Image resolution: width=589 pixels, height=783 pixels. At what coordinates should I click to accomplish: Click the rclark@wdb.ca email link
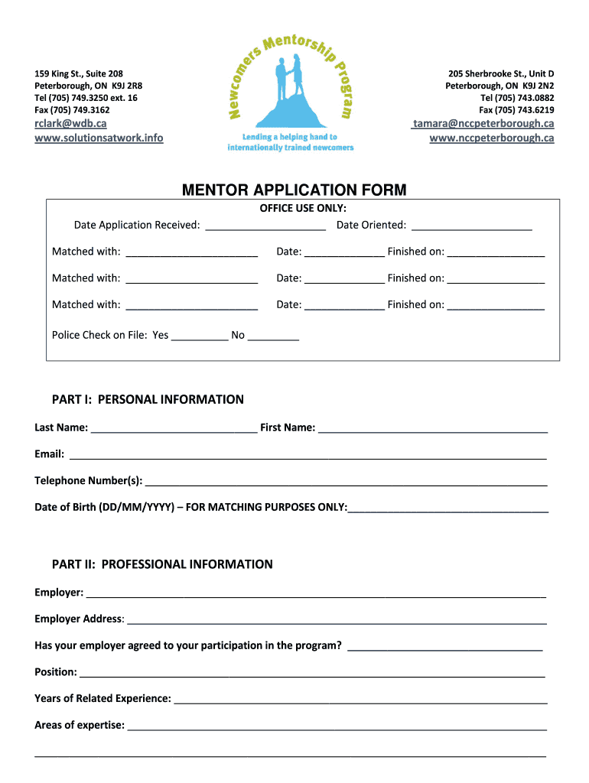click(70, 124)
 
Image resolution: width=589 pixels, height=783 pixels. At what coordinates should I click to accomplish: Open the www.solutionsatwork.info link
click(99, 138)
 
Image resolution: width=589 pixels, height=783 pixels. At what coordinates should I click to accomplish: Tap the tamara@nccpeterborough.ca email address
click(483, 124)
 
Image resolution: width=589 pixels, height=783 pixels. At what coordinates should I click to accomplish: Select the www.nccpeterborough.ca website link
click(491, 138)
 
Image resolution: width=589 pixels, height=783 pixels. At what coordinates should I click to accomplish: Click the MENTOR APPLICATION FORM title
click(294, 190)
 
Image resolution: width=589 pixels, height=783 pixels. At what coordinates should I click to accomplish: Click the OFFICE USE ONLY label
click(303, 208)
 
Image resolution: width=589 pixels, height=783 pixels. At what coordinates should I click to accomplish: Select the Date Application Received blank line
click(265, 226)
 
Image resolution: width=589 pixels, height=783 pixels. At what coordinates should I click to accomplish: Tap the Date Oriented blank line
click(471, 226)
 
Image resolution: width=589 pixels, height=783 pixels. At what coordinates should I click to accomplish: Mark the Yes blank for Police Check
click(200, 336)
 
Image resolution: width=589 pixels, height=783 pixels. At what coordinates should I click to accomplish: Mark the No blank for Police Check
click(273, 336)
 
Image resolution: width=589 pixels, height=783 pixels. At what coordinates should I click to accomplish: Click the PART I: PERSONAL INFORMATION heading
click(148, 399)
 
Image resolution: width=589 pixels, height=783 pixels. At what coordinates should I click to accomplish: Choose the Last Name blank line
click(174, 429)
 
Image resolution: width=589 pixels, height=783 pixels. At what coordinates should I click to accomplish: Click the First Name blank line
click(433, 429)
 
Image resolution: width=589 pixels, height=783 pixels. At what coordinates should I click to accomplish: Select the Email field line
click(308, 456)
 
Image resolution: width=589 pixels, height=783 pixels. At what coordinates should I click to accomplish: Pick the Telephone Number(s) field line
click(346, 482)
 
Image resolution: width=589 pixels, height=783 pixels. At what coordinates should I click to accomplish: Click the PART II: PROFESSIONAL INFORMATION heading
click(162, 564)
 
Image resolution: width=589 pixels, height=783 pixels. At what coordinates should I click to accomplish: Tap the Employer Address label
click(79, 619)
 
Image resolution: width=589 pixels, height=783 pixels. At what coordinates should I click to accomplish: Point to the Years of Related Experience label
click(103, 698)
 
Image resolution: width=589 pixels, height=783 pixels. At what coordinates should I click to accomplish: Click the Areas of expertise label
click(80, 725)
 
